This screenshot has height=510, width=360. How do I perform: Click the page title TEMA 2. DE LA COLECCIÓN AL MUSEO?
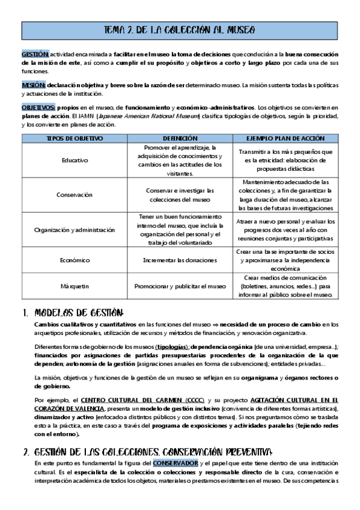tap(180, 29)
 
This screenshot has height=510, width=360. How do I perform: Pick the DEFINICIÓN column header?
tap(180, 138)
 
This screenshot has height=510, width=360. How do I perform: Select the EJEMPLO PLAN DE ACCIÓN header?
tap(285, 138)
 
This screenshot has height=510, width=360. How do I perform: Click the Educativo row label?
tap(75, 161)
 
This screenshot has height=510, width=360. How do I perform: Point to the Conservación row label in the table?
tap(75, 195)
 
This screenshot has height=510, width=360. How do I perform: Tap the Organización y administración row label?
tap(75, 229)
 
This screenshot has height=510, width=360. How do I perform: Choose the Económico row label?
tap(75, 260)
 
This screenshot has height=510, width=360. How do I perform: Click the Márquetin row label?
tap(75, 286)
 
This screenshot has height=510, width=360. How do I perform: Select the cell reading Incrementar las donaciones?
tap(180, 260)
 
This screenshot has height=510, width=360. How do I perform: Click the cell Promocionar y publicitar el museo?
tap(180, 286)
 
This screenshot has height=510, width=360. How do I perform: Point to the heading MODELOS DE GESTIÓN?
tap(79, 313)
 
